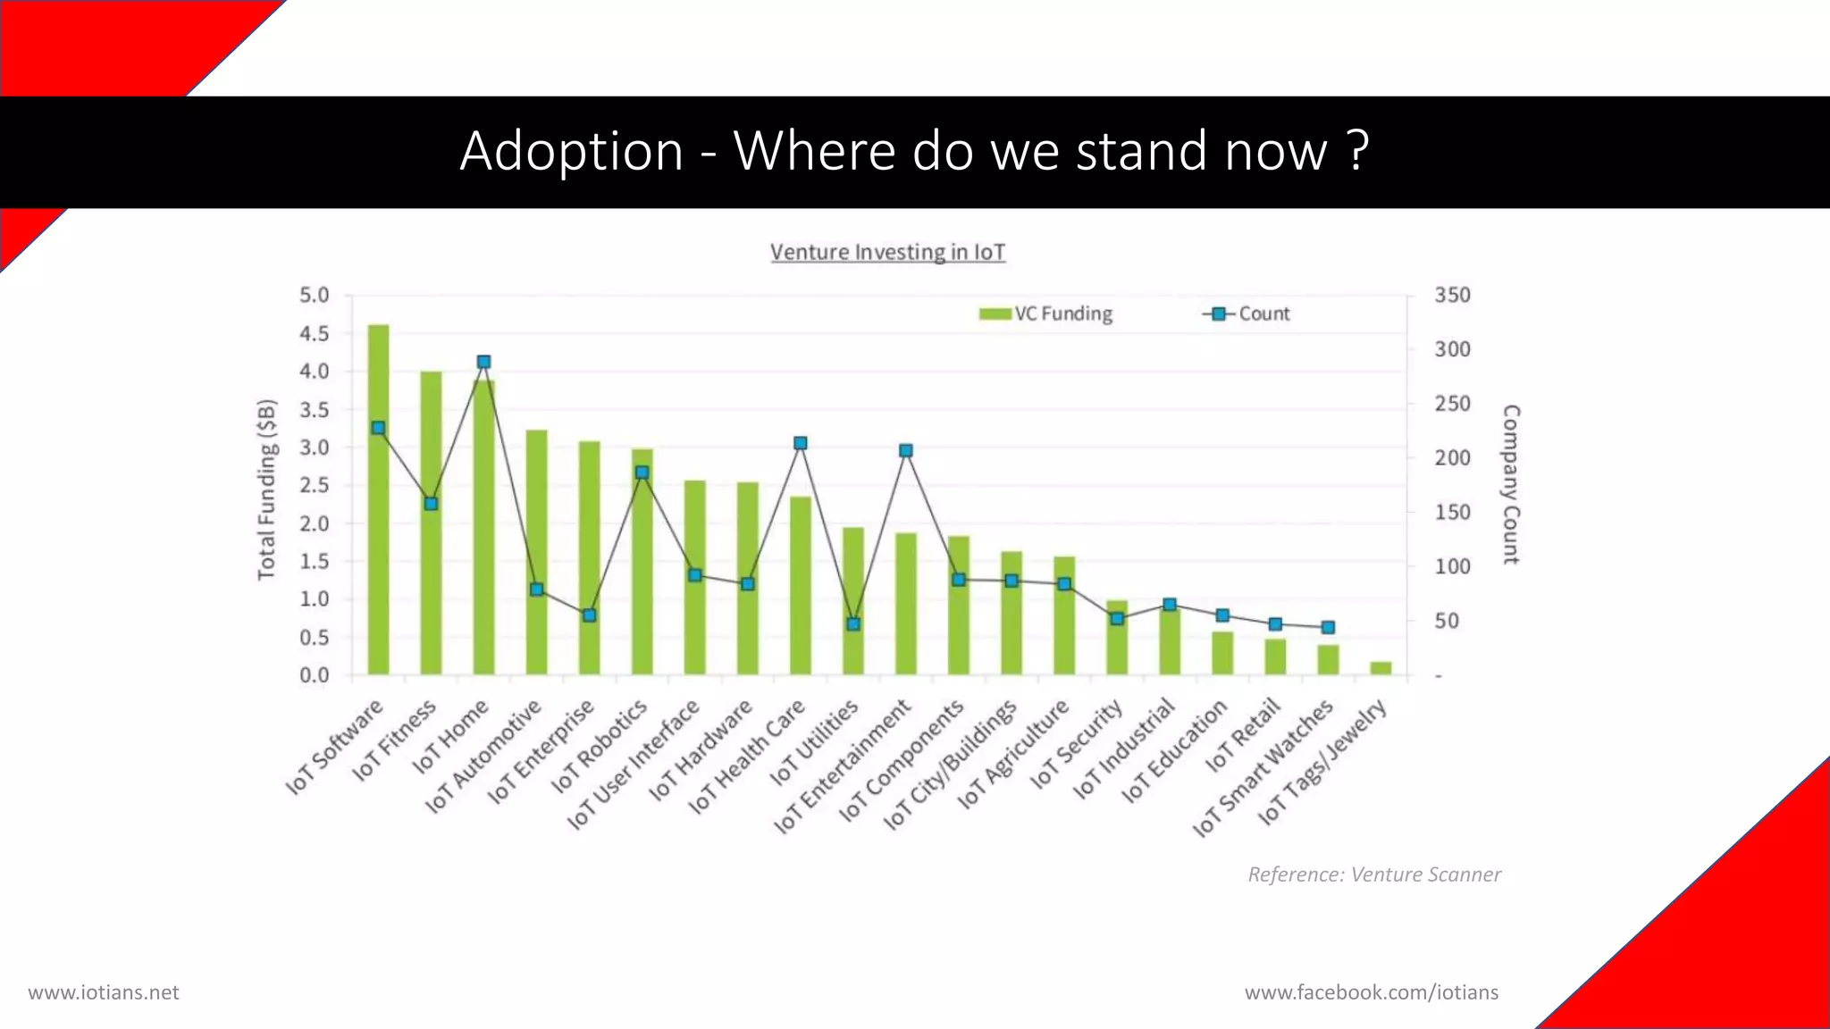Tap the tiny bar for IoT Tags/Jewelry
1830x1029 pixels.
click(1381, 668)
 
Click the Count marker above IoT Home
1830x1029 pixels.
click(483, 362)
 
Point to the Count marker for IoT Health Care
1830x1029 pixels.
click(801, 443)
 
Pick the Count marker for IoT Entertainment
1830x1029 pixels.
click(906, 450)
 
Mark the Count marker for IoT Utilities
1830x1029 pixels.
click(853, 624)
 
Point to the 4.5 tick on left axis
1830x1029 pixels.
click(314, 333)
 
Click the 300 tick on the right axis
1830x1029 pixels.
click(1452, 349)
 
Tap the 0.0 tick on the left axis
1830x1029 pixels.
click(314, 675)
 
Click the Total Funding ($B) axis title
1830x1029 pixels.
click(266, 489)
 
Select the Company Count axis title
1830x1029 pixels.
click(1511, 484)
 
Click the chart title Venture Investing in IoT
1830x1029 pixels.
click(887, 252)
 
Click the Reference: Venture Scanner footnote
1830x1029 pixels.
click(1373, 874)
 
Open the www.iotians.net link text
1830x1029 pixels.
click(104, 992)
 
